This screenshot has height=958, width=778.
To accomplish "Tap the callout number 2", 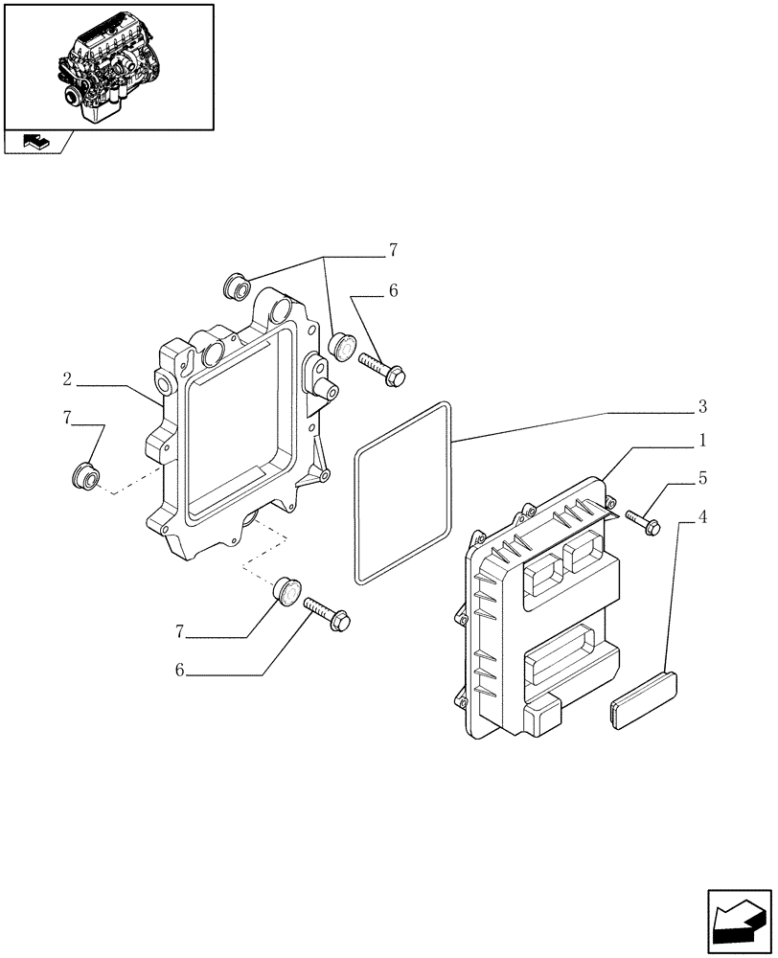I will (67, 380).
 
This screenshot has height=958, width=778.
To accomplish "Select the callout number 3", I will (702, 407).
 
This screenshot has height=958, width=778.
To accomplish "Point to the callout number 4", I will (702, 518).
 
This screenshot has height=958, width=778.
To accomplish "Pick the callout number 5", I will (702, 476).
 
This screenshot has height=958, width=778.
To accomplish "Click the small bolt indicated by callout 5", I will (643, 521).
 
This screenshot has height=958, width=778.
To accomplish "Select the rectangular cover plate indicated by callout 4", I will (644, 702).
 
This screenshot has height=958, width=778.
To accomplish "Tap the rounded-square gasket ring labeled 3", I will (403, 492).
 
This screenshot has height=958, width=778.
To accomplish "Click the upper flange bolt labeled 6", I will (381, 369).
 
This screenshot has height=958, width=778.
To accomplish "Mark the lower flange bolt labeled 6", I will (327, 613).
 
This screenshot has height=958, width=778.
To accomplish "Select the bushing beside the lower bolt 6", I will (286, 590).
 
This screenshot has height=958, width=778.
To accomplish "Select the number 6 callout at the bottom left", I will (178, 672).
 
